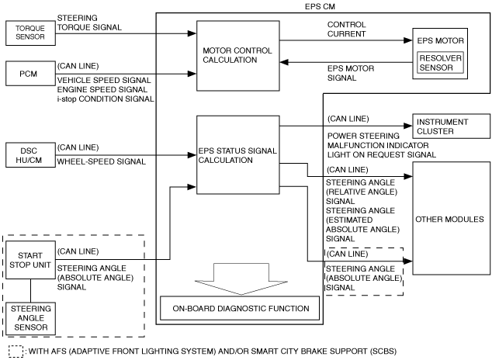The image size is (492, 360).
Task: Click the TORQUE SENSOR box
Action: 30,33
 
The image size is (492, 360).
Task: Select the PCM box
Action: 30,74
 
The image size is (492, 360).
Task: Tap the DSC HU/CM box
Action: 30,155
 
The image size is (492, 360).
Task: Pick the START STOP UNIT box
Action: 30,260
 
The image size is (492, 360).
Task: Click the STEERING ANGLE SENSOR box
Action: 30,319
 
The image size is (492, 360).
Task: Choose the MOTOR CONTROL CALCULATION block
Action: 237,56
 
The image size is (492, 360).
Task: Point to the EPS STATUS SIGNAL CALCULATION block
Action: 237,155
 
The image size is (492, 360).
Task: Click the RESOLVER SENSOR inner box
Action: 440,63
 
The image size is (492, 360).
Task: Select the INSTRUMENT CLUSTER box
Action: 451,126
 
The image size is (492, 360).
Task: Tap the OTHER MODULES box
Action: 451,219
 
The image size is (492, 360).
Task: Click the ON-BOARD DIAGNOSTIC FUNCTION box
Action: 240,308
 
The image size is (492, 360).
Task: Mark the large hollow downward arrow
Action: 241,279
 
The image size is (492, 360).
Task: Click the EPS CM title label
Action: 320,6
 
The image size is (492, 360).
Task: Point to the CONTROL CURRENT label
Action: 346,29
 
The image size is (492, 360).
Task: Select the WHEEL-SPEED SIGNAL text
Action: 102,162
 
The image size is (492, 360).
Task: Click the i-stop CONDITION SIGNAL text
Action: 106,99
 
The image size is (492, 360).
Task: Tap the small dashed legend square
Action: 16,351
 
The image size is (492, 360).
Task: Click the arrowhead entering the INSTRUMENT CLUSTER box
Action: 408,126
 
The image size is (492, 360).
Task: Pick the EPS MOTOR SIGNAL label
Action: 351,73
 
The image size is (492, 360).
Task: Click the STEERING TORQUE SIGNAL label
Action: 89,22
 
